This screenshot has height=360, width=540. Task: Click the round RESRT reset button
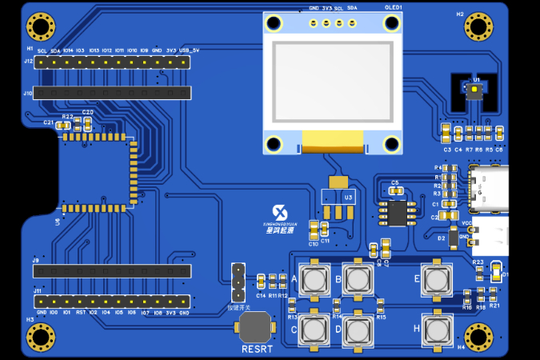(x=255, y=327)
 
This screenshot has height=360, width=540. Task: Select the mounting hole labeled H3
(x=38, y=337)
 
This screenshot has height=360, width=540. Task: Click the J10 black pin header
(x=112, y=94)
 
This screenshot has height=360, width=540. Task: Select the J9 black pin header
(x=112, y=271)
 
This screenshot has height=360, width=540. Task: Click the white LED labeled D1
(x=496, y=270)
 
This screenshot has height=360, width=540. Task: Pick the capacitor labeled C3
(x=446, y=132)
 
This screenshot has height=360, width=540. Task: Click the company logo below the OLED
(x=281, y=225)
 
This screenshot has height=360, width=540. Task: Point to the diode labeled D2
(x=453, y=238)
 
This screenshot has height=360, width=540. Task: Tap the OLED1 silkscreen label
(x=393, y=7)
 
